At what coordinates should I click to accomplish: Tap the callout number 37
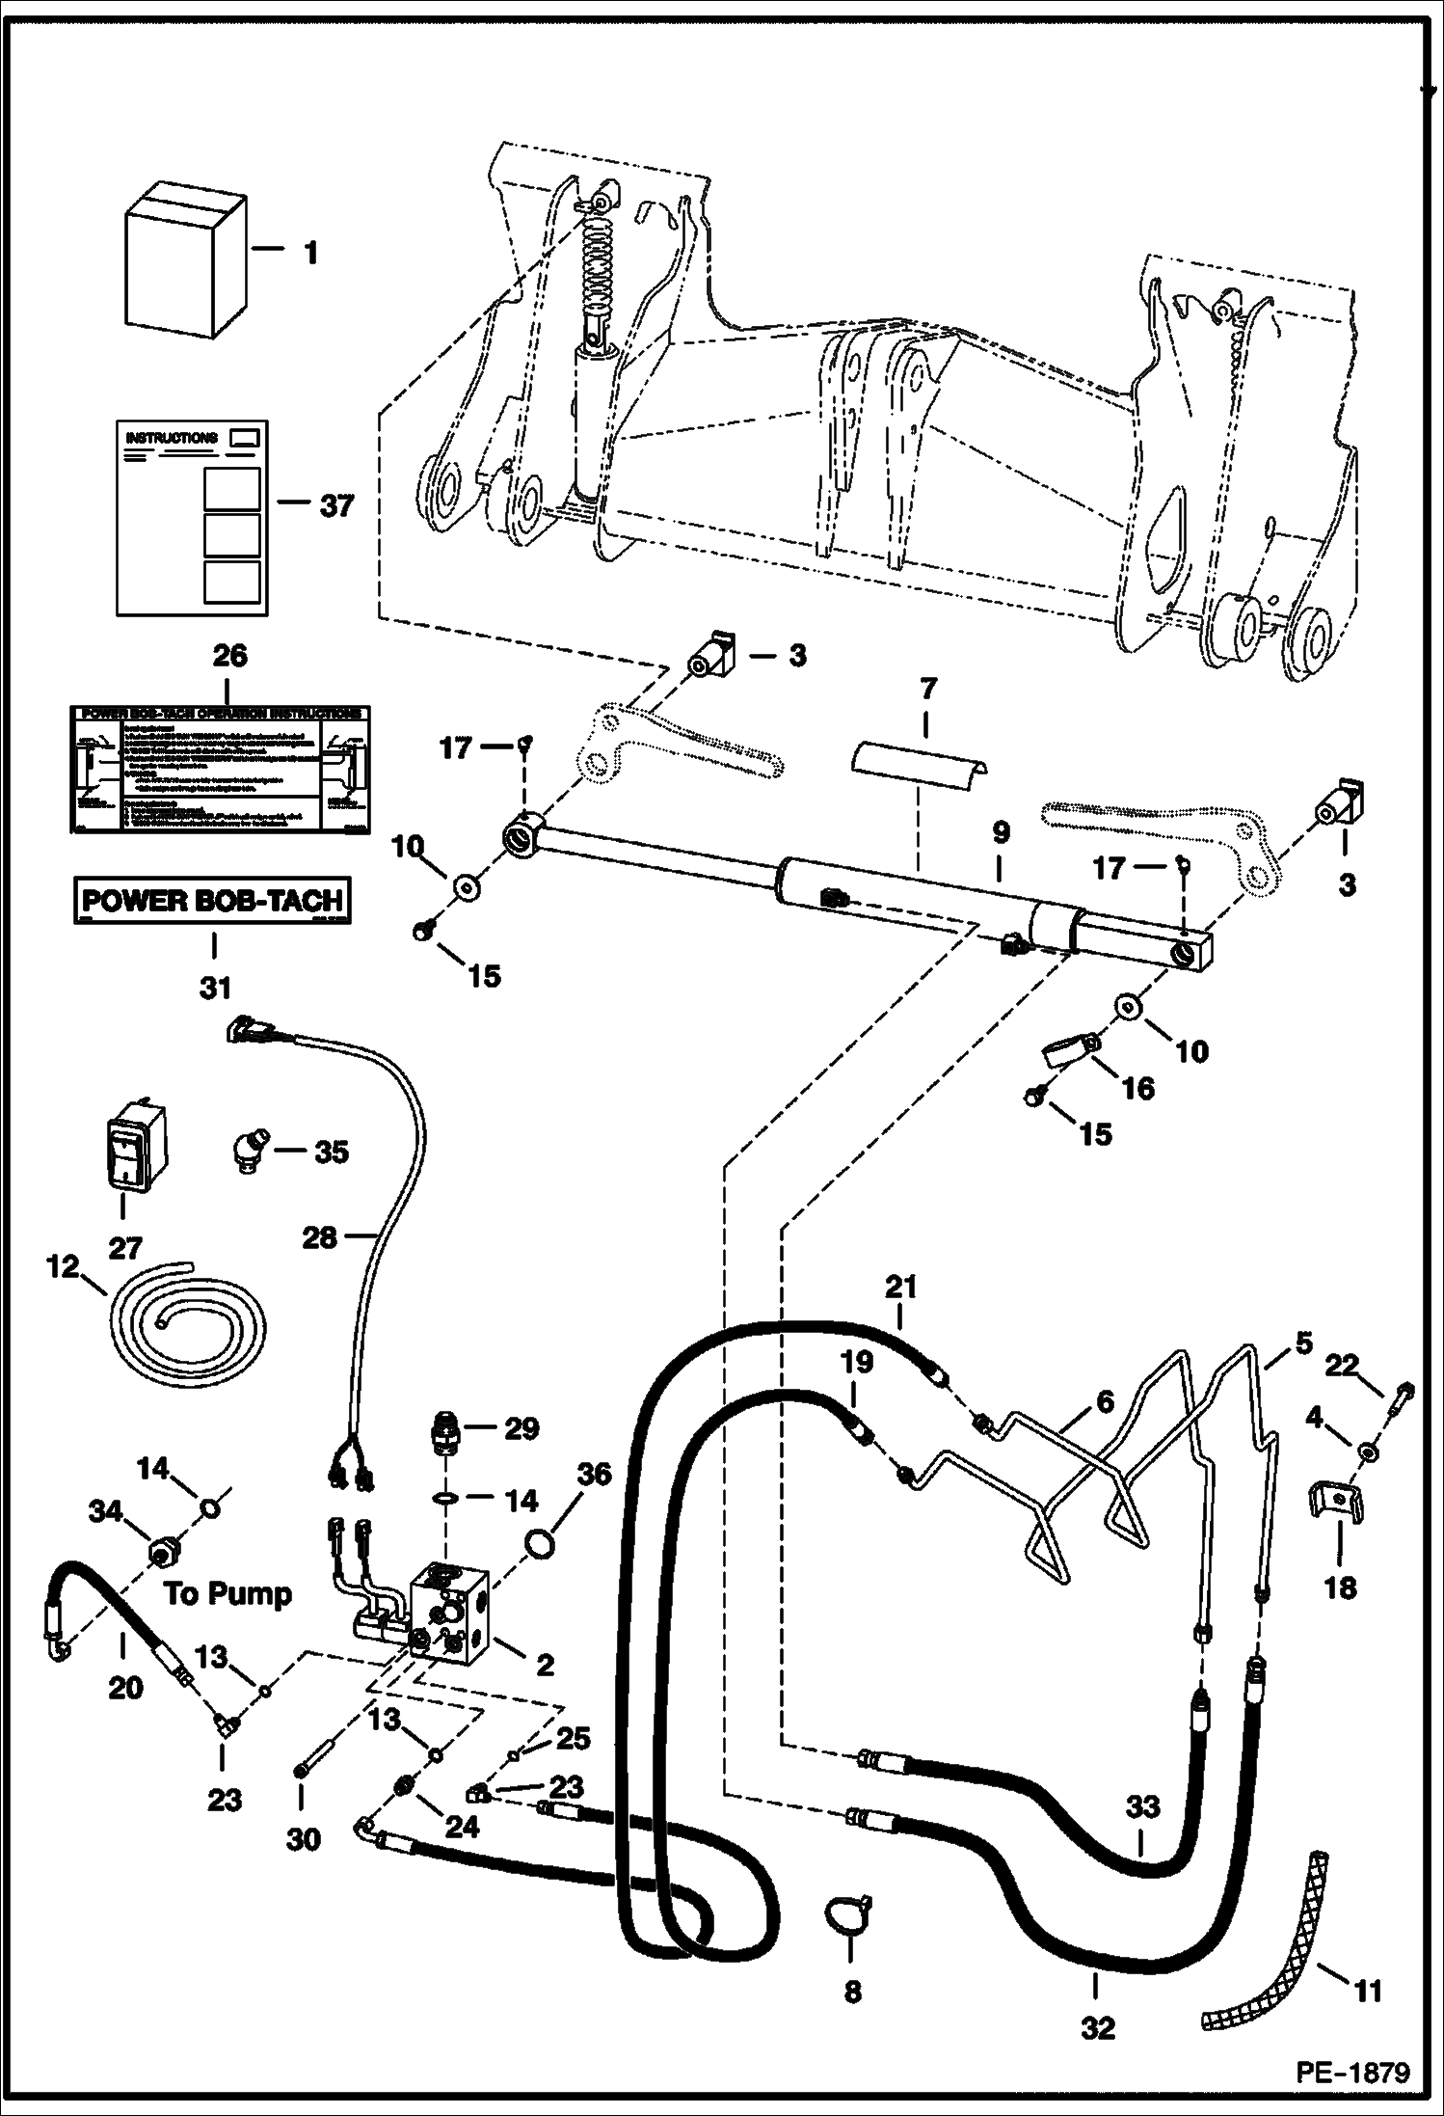[336, 505]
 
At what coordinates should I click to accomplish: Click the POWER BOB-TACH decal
[213, 901]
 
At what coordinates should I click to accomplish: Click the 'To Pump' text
[227, 1593]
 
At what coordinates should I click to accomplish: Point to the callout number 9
[1000, 830]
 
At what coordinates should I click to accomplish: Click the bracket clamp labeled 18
[1338, 1529]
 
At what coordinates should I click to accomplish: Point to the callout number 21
[900, 1288]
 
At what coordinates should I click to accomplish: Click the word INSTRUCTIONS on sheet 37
[172, 438]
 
